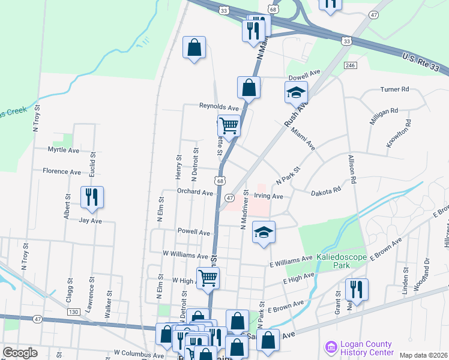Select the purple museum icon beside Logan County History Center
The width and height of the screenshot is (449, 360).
point(330,347)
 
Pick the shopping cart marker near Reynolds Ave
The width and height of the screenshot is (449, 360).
point(229,125)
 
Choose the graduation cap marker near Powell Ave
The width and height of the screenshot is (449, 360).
point(263,232)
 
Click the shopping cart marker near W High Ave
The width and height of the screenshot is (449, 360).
point(208,277)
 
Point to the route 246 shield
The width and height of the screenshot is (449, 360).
point(351,65)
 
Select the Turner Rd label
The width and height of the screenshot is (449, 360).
point(394,89)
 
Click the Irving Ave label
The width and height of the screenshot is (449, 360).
point(268,196)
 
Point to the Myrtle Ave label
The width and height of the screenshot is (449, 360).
point(64,150)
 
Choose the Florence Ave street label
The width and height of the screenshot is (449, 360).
point(62,172)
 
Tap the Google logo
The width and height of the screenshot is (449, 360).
point(20,352)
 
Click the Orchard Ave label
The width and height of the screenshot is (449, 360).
point(195,193)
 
